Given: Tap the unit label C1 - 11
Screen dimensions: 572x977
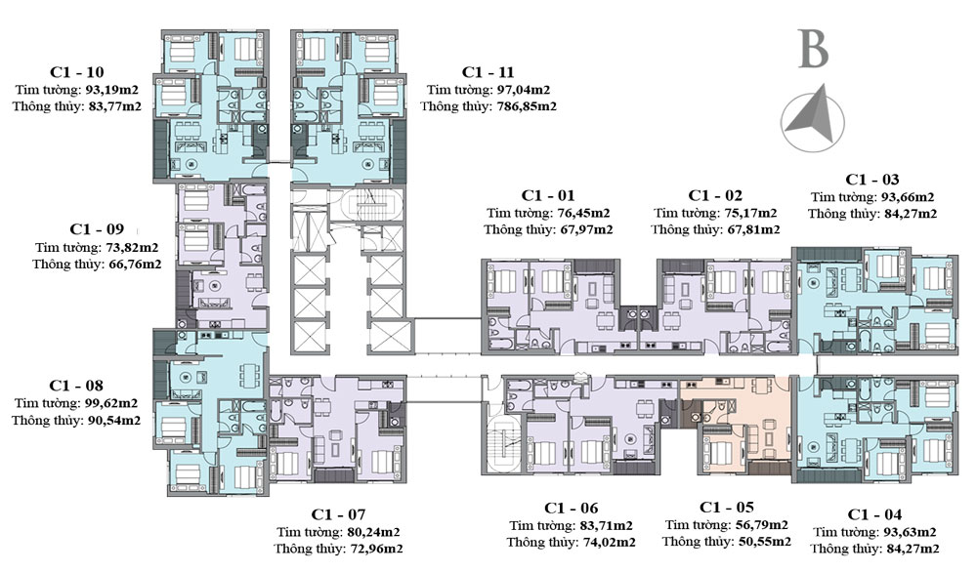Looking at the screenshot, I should pos(488,72).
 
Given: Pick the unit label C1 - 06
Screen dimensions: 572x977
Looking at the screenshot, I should pos(571,508).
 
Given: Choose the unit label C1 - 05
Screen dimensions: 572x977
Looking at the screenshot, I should pos(727,508).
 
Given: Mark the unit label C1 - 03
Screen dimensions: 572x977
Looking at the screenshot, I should pos(872,180).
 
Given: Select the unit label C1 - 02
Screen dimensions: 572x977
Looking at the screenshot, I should pos(715,194).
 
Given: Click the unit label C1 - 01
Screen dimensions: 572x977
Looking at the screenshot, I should pos(547,194).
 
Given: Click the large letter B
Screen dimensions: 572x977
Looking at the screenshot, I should pos(813,51).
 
